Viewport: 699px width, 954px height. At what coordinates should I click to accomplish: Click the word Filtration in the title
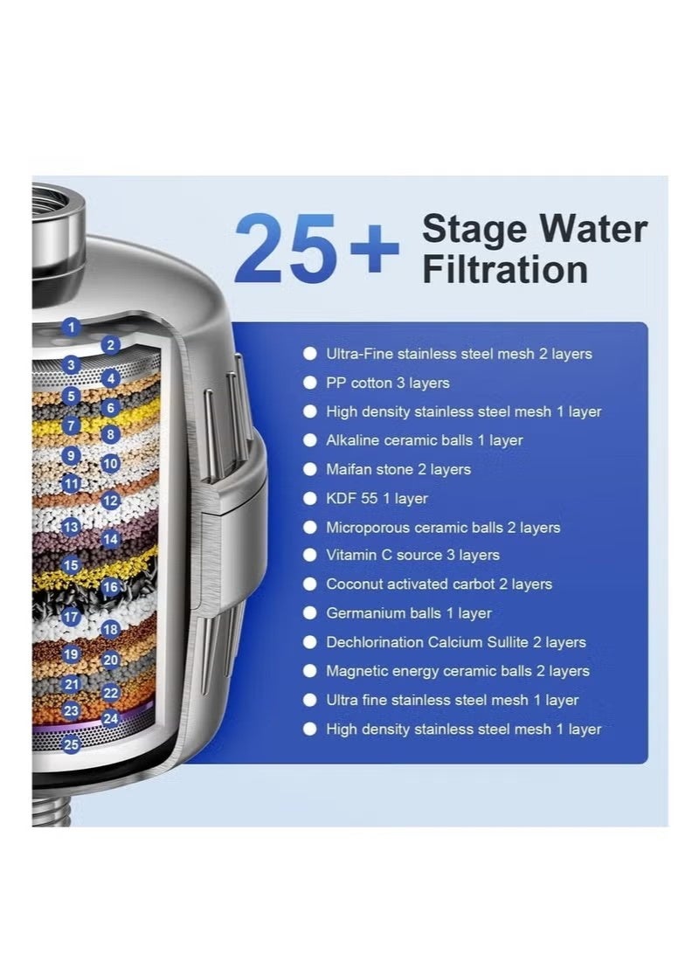pos(504,270)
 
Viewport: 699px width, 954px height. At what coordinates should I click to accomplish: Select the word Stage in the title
pos(473,230)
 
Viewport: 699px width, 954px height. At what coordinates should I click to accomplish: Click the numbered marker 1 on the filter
pos(72,328)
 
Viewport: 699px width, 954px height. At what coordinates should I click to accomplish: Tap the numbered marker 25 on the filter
pos(72,744)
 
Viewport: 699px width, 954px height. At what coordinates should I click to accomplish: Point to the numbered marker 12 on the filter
pos(110,501)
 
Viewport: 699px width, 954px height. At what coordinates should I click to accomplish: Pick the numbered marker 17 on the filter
pos(72,618)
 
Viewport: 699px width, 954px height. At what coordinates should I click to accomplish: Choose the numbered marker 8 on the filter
pos(110,433)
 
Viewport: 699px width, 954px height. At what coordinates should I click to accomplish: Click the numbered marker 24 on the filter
pos(110,719)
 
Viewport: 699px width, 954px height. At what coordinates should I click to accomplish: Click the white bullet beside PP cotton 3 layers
pos(310,383)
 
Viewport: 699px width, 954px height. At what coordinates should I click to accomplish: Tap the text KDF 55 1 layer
pos(377,499)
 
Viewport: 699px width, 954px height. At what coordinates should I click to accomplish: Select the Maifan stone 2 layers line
pos(398,469)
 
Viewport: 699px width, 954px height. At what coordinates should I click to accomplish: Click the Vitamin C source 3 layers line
pos(412,555)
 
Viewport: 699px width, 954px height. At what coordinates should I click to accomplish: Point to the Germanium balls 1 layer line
pos(408,613)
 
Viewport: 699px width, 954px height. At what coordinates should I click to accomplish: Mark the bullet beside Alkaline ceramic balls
pos(310,440)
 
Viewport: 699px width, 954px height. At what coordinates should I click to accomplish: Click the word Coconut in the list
pos(354,584)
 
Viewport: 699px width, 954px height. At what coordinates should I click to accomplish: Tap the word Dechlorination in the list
pos(374,642)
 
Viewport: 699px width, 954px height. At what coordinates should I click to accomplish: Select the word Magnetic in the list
pos(354,671)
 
